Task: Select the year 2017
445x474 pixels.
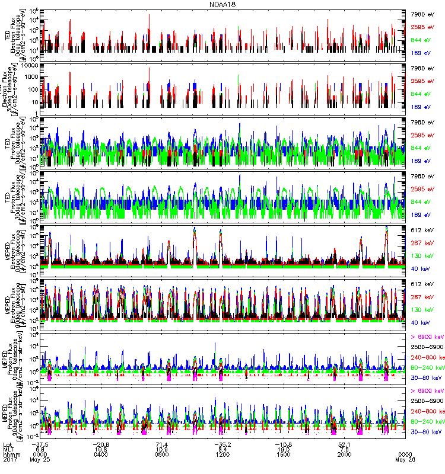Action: [9, 460]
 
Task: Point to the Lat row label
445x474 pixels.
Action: [8, 444]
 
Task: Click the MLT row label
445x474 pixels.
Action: [8, 450]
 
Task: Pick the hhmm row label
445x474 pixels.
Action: [11, 455]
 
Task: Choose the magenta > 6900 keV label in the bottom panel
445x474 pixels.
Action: [426, 391]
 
